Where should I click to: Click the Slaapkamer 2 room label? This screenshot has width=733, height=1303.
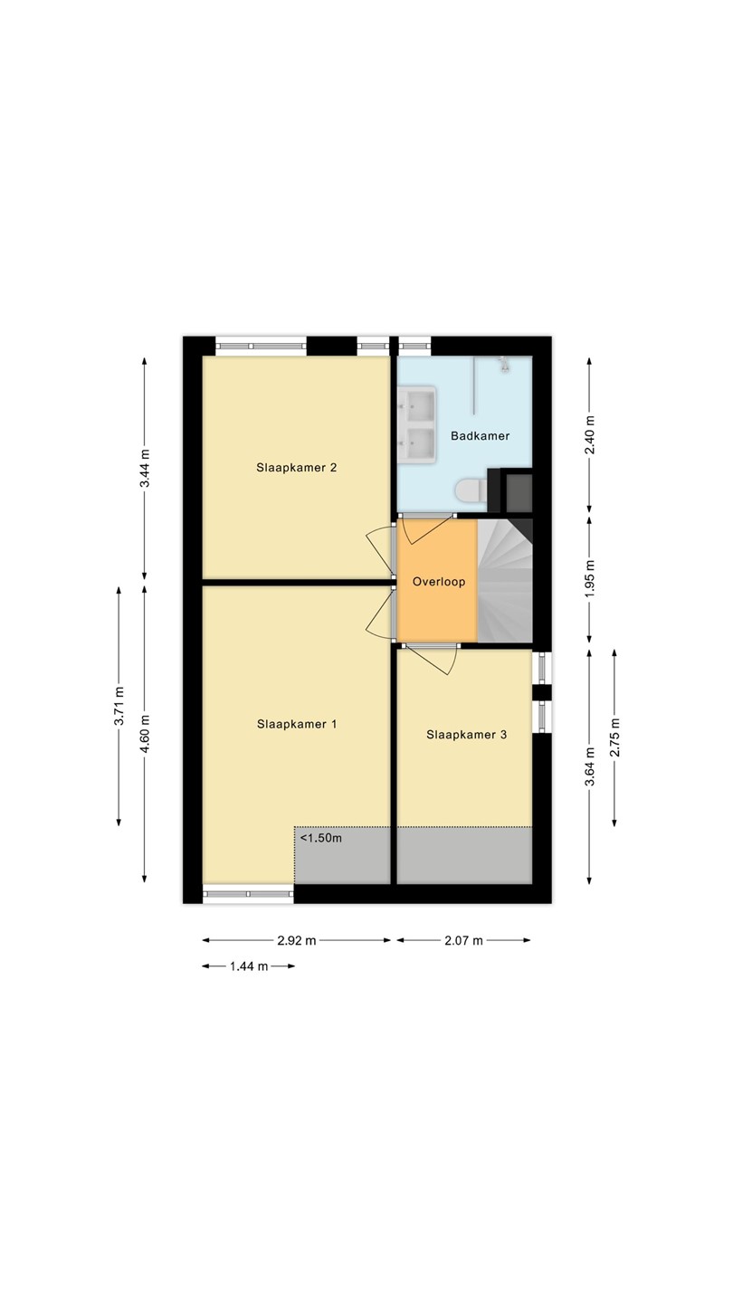pyautogui.click(x=297, y=468)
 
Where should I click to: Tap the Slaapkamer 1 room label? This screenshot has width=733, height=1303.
pyautogui.click(x=297, y=724)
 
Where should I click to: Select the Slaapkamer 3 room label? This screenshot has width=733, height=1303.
pyautogui.click(x=467, y=735)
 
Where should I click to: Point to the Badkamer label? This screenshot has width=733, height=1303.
pyautogui.click(x=480, y=436)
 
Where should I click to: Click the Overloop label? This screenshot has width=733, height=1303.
pyautogui.click(x=439, y=582)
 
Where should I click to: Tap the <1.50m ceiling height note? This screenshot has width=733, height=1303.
pyautogui.click(x=321, y=838)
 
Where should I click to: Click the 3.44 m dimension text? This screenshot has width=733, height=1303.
pyautogui.click(x=145, y=469)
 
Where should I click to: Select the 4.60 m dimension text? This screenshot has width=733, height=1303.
pyautogui.click(x=145, y=734)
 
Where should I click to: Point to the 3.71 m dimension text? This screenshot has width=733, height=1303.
pyautogui.click(x=119, y=706)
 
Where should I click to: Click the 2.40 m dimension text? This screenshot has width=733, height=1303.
pyautogui.click(x=589, y=436)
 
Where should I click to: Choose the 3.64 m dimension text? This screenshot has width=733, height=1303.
pyautogui.click(x=589, y=766)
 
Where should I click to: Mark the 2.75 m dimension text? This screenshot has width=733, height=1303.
pyautogui.click(x=615, y=737)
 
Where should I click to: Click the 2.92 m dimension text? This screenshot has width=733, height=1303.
pyautogui.click(x=297, y=941)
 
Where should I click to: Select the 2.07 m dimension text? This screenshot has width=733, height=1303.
pyautogui.click(x=463, y=941)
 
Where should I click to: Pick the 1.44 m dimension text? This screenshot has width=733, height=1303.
pyautogui.click(x=249, y=966)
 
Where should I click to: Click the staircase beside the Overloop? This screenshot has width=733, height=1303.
pyautogui.click(x=505, y=581)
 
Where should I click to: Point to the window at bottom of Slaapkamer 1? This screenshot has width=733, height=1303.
pyautogui.click(x=248, y=894)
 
